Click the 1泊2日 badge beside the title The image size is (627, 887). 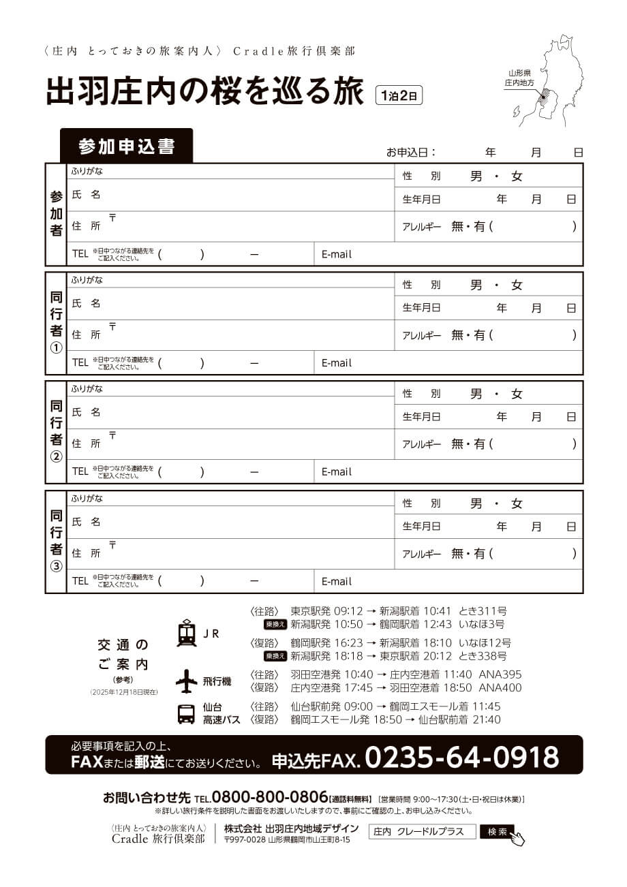coord(399,95)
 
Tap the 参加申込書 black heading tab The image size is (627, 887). coord(126,146)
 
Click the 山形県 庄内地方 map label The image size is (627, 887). coord(519,77)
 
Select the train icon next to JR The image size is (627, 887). coord(186,633)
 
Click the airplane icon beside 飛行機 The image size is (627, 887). coord(186,681)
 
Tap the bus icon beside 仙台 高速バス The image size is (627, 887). coord(186,713)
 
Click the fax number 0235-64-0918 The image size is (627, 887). coord(462,757)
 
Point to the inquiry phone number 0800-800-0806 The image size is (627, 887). coord(270,798)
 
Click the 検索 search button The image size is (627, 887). coord(498,832)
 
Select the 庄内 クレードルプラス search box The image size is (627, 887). coord(422,832)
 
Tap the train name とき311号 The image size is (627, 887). coord(483,611)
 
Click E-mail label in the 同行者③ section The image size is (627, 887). coord(337,581)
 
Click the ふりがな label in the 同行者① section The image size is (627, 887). coord(87,279)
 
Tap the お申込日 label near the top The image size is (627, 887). coord(411,152)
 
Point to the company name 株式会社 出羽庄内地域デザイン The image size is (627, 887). coord(291,828)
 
